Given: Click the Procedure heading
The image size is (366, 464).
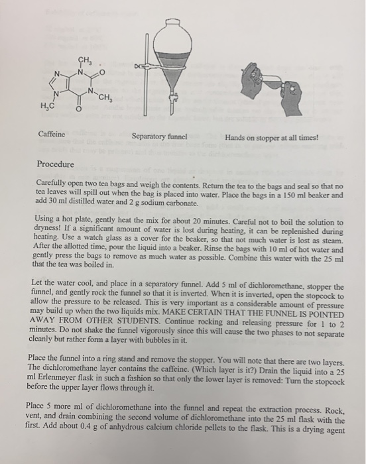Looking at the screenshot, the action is click(56, 164).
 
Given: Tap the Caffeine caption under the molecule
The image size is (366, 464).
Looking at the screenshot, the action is click(51, 134).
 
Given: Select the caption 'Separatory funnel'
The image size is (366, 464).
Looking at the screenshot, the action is click(160, 137).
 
